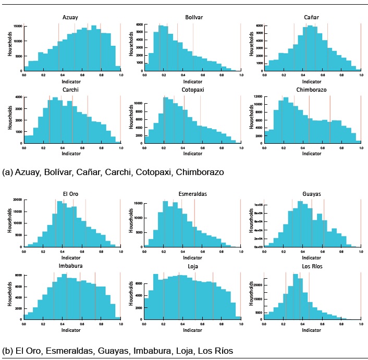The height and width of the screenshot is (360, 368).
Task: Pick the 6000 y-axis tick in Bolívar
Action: click(x=140, y=24)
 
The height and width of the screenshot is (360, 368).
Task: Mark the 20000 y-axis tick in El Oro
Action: click(x=17, y=200)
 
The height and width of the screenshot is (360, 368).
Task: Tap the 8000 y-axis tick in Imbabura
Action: click(x=19, y=275)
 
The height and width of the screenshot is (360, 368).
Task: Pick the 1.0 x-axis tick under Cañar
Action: click(x=361, y=76)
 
